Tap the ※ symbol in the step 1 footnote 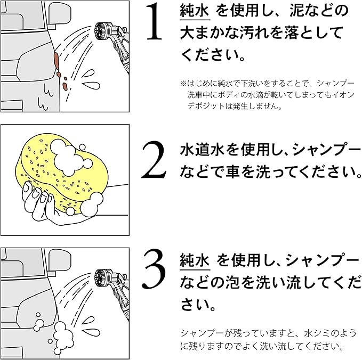pyautogui.click(x=182, y=84)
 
